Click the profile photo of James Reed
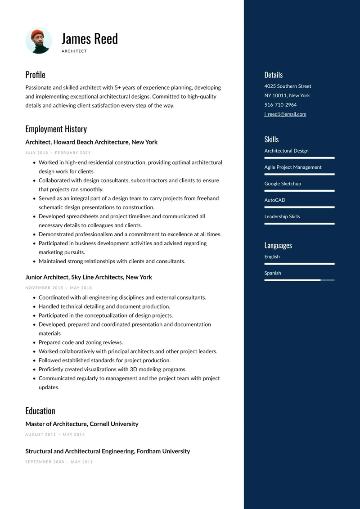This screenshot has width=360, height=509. (39, 41)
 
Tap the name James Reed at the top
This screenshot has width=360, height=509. (90, 39)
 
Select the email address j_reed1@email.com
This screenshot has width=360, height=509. (285, 114)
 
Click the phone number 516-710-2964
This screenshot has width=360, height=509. (280, 105)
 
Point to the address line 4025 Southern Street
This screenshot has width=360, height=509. (288, 86)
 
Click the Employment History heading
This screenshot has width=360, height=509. (56, 129)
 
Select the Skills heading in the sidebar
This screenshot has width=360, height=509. (271, 140)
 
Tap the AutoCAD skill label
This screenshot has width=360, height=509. (274, 200)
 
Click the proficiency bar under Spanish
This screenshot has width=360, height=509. (299, 280)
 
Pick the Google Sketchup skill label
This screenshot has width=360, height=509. (283, 184)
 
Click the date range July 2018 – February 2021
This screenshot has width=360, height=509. (58, 153)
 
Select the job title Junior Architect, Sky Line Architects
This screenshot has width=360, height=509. (89, 277)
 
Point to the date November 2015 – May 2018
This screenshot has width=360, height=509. (58, 288)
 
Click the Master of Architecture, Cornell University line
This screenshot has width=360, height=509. (82, 424)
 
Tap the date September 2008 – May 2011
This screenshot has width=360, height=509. (59, 462)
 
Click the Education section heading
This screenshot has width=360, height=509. (40, 411)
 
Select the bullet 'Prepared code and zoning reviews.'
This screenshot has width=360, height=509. (81, 342)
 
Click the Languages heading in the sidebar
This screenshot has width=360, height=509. (278, 245)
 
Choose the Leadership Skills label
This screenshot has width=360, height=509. (282, 216)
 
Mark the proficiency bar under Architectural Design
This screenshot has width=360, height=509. (299, 158)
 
